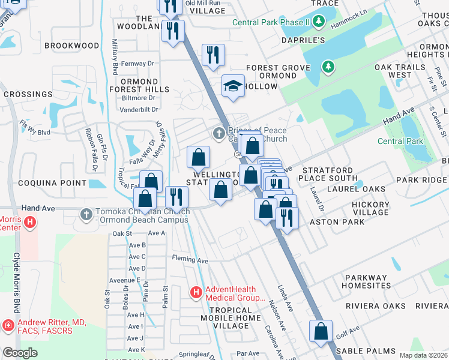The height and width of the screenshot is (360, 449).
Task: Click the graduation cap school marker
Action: (x=234, y=86)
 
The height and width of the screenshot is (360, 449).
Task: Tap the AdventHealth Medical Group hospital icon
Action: (x=196, y=293)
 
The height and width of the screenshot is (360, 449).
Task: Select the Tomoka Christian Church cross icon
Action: (x=86, y=213)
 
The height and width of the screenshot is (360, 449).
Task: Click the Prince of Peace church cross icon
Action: (x=219, y=132)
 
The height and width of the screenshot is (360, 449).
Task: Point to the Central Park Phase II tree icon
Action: (x=319, y=23)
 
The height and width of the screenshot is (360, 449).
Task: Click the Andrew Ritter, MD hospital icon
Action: (x=8, y=326)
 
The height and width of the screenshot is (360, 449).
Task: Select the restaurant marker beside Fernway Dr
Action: (x=212, y=55)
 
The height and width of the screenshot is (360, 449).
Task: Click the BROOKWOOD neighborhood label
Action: (x=71, y=46)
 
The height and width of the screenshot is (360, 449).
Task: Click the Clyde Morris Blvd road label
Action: (x=16, y=281)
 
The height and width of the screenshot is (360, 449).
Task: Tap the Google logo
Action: (x=20, y=353)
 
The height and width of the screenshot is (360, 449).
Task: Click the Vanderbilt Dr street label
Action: (x=139, y=110)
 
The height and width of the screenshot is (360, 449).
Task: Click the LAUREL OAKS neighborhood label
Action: (x=357, y=189)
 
